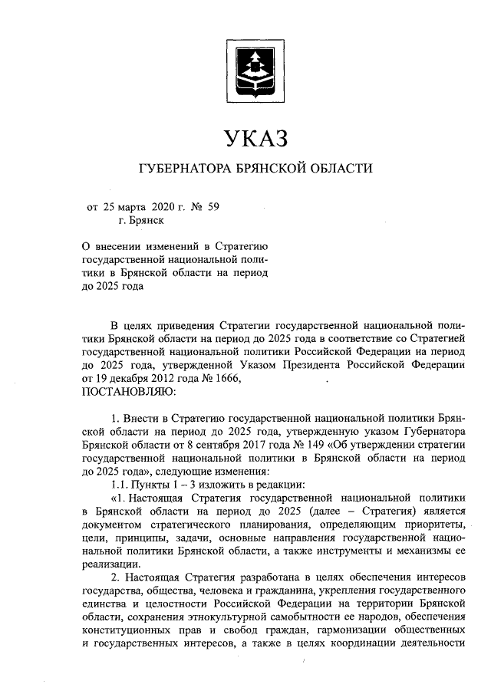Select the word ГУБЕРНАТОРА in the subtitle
pyautogui.click(x=183, y=169)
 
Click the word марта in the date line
pyautogui.click(x=135, y=206)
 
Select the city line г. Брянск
pyautogui.click(x=141, y=220)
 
